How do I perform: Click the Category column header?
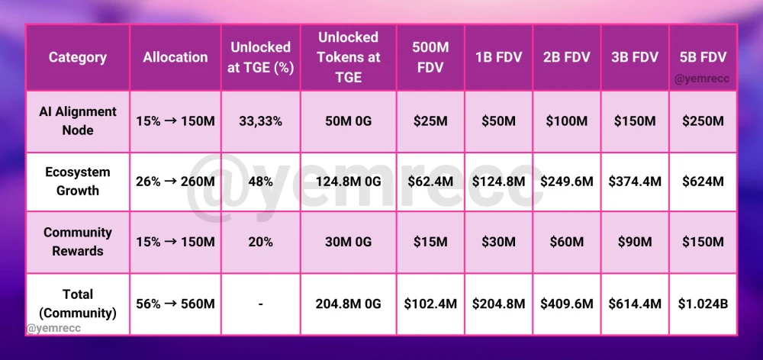[x=78, y=57]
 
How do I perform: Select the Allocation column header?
[x=175, y=57]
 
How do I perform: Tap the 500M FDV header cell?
[x=430, y=57]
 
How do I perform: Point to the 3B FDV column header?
[x=635, y=57]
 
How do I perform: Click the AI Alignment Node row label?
[x=78, y=121]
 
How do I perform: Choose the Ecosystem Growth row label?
[x=78, y=181]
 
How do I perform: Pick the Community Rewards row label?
[x=78, y=241]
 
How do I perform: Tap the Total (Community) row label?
[x=78, y=303]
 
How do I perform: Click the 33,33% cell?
[x=260, y=121]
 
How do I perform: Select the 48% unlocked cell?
[x=260, y=182]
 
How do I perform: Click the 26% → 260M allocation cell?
[x=175, y=182]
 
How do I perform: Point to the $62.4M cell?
[x=430, y=182]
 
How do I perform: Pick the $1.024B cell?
[x=703, y=304]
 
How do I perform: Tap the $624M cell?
[x=703, y=182]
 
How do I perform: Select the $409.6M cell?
[x=566, y=304]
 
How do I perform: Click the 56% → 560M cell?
[x=175, y=304]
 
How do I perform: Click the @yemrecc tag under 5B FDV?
[x=703, y=77]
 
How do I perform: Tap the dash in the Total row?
[x=260, y=304]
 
